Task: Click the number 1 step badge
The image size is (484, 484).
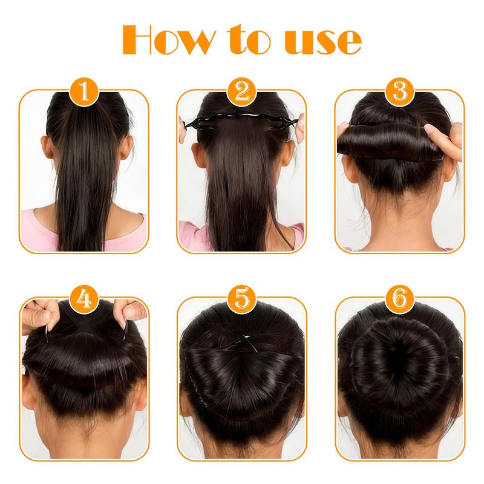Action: pos(84,92)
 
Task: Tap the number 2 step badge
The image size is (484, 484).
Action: pos(242,92)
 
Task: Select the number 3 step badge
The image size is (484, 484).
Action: pos(400,92)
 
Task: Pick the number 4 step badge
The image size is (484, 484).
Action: pos(84,298)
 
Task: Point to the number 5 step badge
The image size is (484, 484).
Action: pos(242,298)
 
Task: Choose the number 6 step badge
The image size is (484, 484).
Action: pos(400,298)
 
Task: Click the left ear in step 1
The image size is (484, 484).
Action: pos(45,147)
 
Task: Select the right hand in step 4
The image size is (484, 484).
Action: pos(129,312)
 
